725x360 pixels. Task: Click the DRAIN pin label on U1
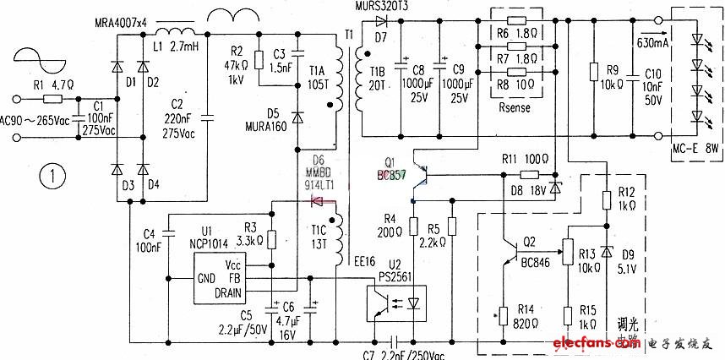tap(228, 293)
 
